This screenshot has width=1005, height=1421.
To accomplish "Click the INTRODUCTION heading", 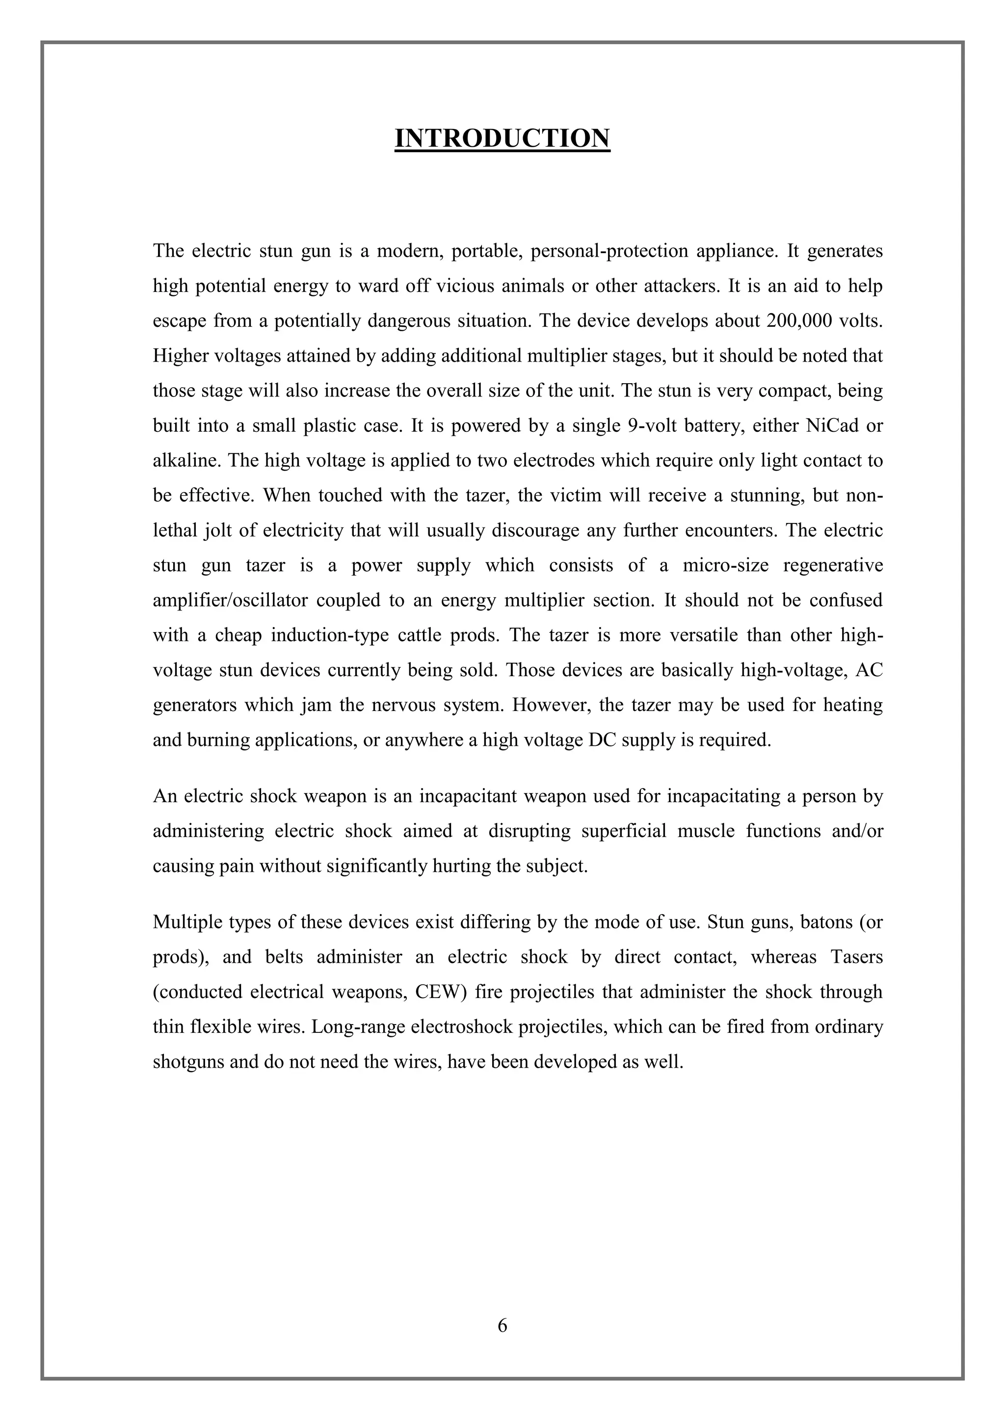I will tap(502, 138).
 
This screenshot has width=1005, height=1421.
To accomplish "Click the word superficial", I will tap(624, 831).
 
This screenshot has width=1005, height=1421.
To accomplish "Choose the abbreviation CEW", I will tap(436, 992).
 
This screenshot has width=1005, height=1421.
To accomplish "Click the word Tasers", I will tap(856, 957).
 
